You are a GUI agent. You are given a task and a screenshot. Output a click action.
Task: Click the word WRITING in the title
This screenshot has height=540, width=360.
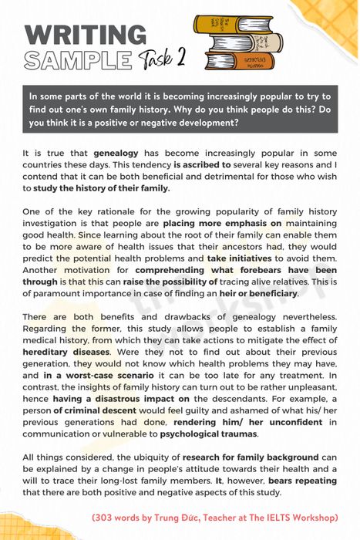pos(85,35)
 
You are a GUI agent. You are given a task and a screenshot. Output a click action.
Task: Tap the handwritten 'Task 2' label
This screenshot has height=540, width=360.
pos(162,59)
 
